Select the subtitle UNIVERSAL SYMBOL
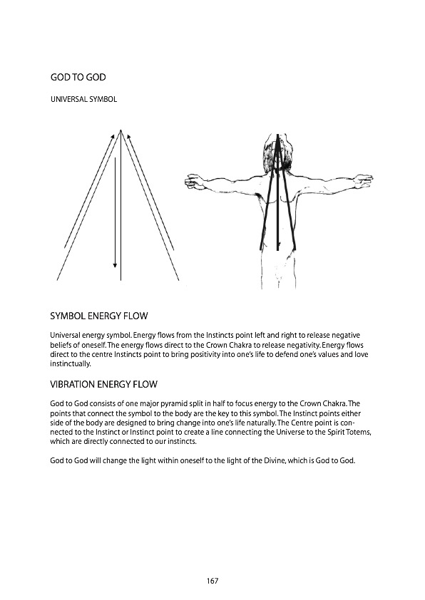pyautogui.click(x=83, y=99)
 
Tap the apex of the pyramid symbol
pyautogui.click(x=121, y=130)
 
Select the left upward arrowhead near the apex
pyautogui.click(x=113, y=135)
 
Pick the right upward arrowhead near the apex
pyautogui.click(x=128, y=135)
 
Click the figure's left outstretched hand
pyautogui.click(x=193, y=184)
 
